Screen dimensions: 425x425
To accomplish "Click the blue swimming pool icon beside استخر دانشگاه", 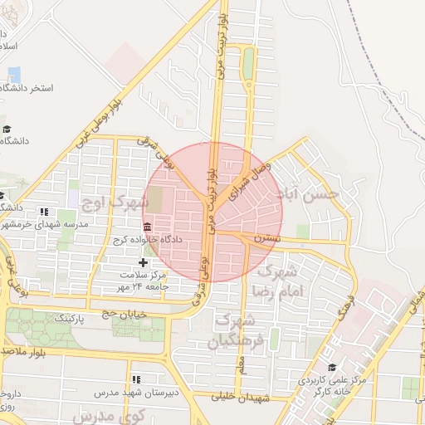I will click(x=14, y=74).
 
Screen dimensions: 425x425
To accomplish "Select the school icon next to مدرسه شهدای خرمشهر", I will click(x=44, y=212).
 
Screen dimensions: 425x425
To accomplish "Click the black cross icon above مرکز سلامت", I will click(x=143, y=262).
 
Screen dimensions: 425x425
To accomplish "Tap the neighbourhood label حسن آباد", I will click(x=310, y=194).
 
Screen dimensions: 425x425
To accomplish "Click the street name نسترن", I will click(x=268, y=239).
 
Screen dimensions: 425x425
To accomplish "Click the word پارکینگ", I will click(x=76, y=318).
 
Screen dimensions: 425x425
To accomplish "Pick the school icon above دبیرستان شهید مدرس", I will click(x=136, y=379).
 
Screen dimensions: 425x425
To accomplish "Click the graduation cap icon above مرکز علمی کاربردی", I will click(x=333, y=367).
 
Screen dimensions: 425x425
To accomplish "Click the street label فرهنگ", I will click(x=347, y=307).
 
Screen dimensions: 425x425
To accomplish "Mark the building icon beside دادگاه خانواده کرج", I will click(x=147, y=227).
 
